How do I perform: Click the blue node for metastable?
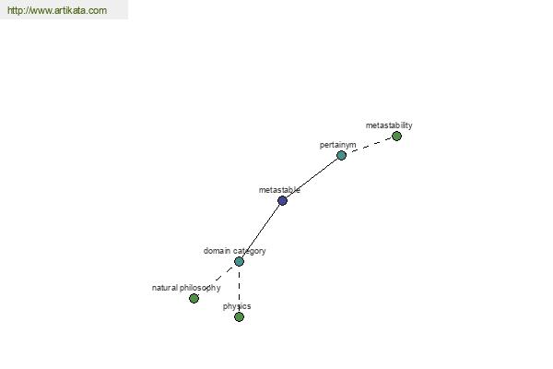pyautogui.click(x=282, y=200)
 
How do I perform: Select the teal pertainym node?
pyautogui.click(x=341, y=155)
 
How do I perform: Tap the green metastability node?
pyautogui.click(x=396, y=136)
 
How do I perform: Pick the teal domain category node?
pyautogui.click(x=239, y=261)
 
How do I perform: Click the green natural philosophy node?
pyautogui.click(x=194, y=298)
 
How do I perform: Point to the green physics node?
pyautogui.click(x=239, y=316)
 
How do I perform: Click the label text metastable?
pyautogui.click(x=279, y=190)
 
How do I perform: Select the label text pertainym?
pyautogui.click(x=337, y=145)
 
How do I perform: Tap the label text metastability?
pyautogui.click(x=389, y=125)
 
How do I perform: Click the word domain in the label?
pyautogui.click(x=217, y=251)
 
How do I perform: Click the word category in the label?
pyautogui.click(x=250, y=252)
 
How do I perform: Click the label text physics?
pyautogui.click(x=237, y=306)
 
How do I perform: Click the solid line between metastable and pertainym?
pyautogui.click(x=312, y=178)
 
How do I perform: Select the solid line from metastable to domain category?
pyautogui.click(x=261, y=231)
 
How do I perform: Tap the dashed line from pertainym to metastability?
pyautogui.click(x=369, y=146)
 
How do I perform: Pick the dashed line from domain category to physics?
pyautogui.click(x=239, y=289)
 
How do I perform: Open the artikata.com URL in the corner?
pyautogui.click(x=57, y=10)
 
